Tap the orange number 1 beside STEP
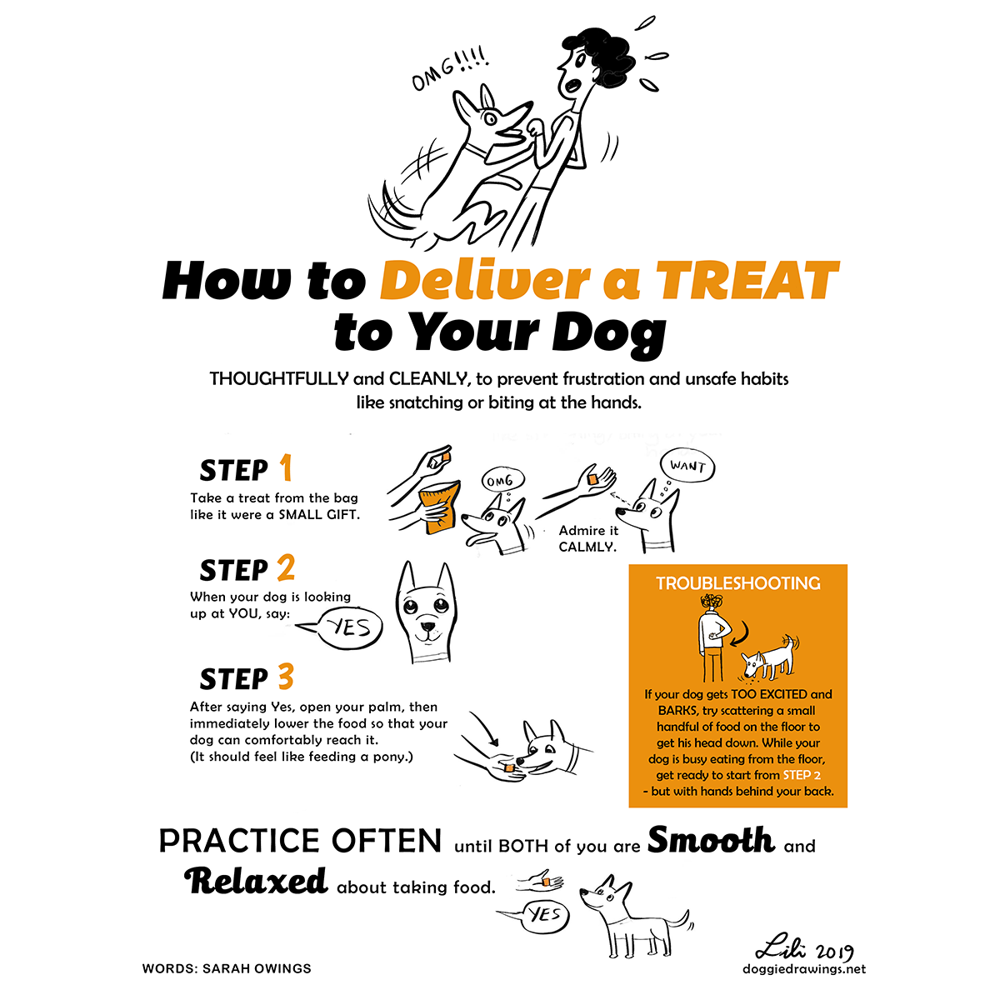286,467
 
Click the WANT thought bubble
687,467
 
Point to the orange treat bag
440,507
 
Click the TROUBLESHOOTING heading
738,584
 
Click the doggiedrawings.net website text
804,969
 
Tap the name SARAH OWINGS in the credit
257,968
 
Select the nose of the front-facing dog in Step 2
427,626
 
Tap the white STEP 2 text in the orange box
802,775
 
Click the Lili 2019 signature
804,950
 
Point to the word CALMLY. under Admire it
587,547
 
